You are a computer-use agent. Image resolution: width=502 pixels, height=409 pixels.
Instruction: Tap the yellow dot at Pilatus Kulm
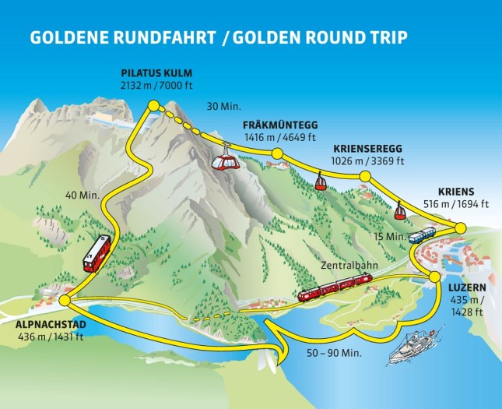[x=153, y=105]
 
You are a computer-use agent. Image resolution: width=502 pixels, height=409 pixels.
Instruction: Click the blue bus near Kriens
[x=423, y=234]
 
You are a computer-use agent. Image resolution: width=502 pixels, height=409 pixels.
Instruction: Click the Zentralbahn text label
[x=346, y=266]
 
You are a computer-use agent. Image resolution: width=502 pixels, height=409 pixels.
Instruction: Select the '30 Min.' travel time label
[x=224, y=106]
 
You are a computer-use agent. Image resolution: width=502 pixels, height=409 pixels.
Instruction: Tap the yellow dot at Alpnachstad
[x=65, y=300]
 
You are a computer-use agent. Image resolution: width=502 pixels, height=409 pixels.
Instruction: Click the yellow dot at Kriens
[x=460, y=227]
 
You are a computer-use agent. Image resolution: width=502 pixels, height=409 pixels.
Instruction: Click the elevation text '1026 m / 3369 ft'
[x=368, y=161]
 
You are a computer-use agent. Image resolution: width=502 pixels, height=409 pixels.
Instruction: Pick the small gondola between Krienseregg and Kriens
[x=398, y=209]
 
